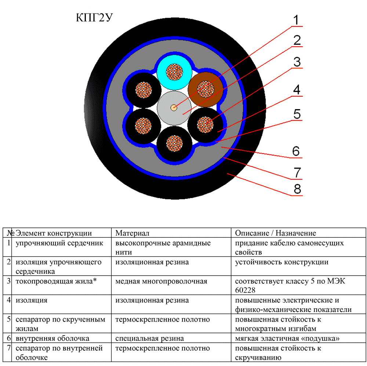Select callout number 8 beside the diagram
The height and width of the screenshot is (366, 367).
point(297,189)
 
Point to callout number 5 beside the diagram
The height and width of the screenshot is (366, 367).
point(297,114)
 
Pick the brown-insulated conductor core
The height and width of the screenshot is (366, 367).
point(205,89)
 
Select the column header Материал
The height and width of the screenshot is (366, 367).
point(132,233)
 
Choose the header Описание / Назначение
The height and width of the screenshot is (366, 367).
point(275,233)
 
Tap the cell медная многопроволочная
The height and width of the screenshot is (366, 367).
point(161,281)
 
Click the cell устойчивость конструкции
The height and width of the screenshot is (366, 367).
point(281,262)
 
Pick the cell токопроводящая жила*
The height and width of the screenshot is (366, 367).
point(53,281)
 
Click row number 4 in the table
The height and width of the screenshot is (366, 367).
point(8,301)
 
